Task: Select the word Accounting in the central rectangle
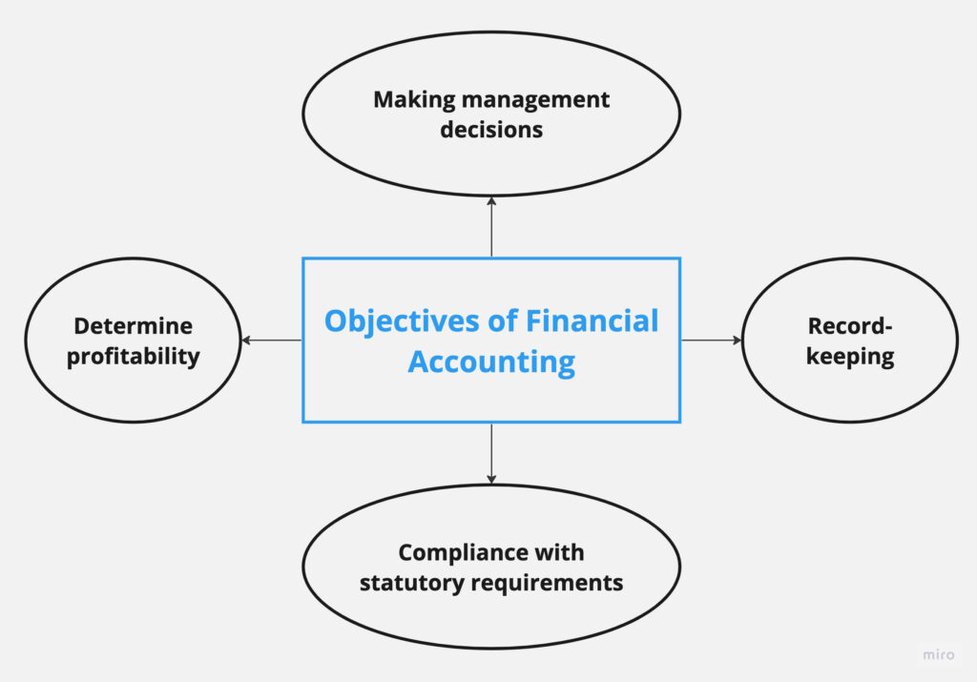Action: click(x=491, y=362)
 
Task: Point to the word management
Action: click(x=531, y=99)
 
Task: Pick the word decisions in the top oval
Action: click(x=491, y=130)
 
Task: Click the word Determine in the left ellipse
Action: click(x=133, y=326)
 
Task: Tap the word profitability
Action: click(x=133, y=357)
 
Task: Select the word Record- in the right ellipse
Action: click(x=849, y=326)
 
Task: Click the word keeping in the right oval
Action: click(x=849, y=358)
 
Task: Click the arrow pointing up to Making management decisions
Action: click(x=491, y=226)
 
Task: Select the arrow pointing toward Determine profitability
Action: click(x=271, y=340)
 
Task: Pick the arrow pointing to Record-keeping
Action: click(x=711, y=340)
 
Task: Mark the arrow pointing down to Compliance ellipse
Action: click(x=491, y=453)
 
